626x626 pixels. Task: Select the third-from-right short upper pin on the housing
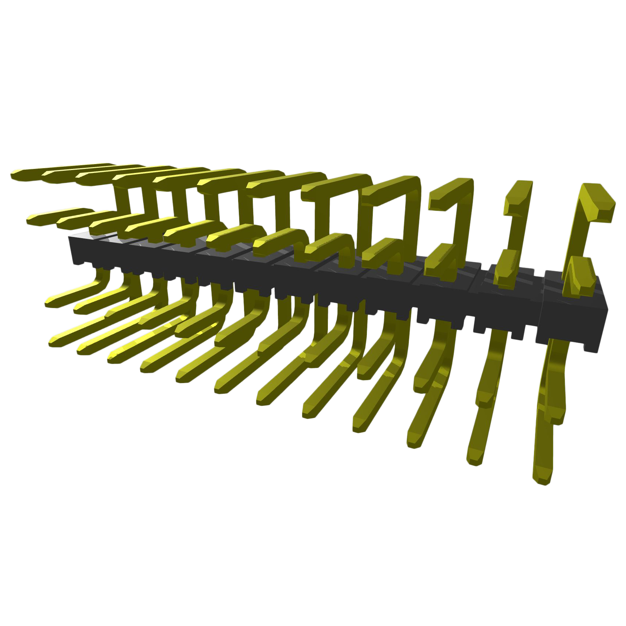click(440, 261)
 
